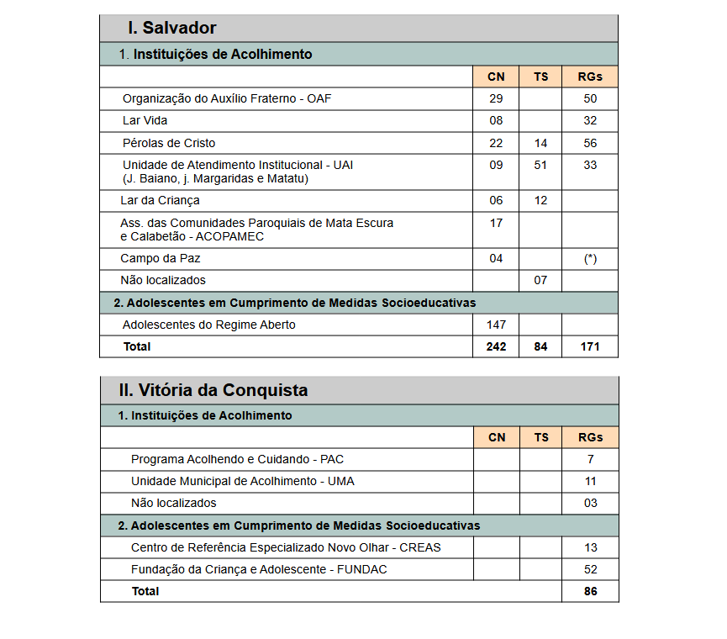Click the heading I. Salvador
point(171,28)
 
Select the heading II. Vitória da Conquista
point(213,390)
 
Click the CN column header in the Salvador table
point(496,77)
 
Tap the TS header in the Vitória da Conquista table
point(540,437)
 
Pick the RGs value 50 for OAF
point(590,98)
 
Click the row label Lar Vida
point(145,120)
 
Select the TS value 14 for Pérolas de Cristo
point(540,143)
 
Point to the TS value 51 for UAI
point(540,165)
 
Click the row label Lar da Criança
point(160,200)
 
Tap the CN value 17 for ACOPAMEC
point(496,223)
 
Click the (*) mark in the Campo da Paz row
point(590,259)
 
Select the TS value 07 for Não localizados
point(540,280)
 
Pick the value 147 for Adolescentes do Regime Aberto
point(496,325)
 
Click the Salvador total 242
point(496,346)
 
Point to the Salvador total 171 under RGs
point(590,346)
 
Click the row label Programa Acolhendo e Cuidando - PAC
point(237,459)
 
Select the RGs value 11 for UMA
point(590,481)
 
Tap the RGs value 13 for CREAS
point(590,547)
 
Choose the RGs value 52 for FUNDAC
point(590,569)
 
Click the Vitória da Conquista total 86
point(590,591)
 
